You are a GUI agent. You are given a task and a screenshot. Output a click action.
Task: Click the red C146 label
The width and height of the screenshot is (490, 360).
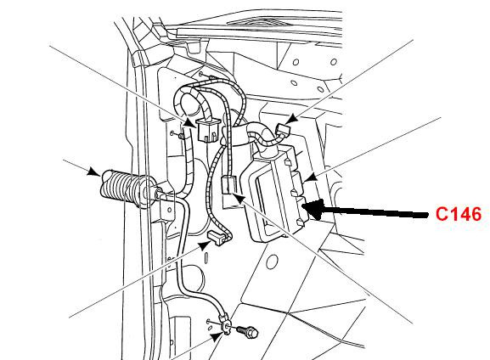pos(459,214)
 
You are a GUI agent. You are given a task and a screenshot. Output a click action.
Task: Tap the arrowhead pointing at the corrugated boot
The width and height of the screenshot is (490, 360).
pos(93,172)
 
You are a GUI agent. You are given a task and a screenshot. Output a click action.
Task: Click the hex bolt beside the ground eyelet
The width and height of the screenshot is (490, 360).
pos(248,332)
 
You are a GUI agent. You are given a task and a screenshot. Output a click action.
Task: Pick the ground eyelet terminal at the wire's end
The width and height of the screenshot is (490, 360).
pos(226,327)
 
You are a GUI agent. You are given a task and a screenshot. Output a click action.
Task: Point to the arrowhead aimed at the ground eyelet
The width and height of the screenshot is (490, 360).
pos(217,337)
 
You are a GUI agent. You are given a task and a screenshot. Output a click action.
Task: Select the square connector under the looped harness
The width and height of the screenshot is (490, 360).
pos(208,129)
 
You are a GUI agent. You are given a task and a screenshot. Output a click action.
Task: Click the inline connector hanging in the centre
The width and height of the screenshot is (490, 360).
pos(228,185)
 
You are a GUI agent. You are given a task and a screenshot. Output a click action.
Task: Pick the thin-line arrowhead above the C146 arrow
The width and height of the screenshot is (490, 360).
pos(310,177)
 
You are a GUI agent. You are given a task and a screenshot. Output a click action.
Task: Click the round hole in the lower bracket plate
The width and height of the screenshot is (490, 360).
pos(272,262)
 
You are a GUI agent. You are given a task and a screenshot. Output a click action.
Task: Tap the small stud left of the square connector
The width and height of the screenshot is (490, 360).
pos(181,136)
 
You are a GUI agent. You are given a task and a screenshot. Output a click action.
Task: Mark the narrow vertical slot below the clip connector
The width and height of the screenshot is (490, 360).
pos(206,257)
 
